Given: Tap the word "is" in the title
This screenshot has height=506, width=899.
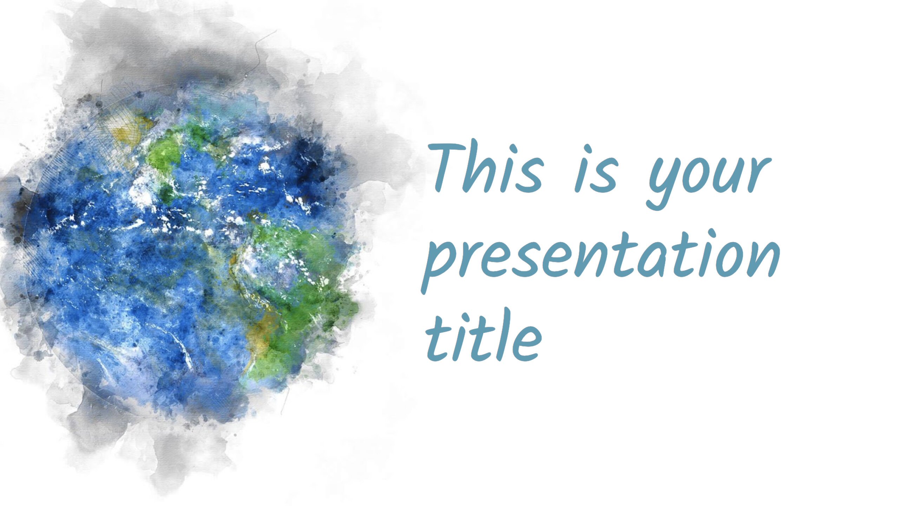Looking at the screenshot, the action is point(596,169).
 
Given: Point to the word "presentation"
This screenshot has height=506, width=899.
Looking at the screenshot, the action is point(601,260).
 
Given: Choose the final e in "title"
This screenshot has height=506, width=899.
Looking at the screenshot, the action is point(525,343).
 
